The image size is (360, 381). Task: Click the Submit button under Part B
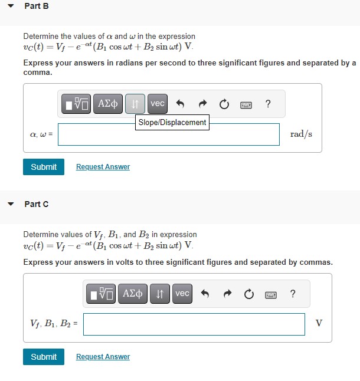click(44, 167)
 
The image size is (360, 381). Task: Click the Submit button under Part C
click(44, 357)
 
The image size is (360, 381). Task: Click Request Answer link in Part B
click(103, 167)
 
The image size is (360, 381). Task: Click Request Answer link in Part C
click(103, 357)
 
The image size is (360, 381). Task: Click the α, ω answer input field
click(168, 134)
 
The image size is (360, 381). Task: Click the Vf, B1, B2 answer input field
click(194, 324)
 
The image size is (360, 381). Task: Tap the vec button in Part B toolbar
click(158, 104)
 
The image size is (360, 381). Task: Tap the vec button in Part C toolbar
click(182, 293)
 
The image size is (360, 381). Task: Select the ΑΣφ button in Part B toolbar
click(108, 104)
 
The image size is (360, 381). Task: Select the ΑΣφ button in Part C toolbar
click(133, 293)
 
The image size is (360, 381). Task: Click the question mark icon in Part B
click(269, 104)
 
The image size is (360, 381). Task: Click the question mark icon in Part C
click(293, 294)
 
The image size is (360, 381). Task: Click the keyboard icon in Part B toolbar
click(246, 105)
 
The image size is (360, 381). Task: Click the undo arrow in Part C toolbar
click(205, 294)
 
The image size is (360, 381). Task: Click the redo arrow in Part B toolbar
click(202, 104)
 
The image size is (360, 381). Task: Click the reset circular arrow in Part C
click(248, 294)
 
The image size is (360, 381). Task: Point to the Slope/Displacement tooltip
click(172, 122)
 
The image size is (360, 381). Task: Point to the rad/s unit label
click(301, 134)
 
